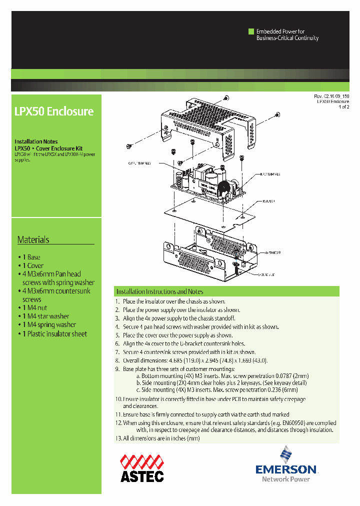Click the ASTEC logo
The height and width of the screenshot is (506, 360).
pyautogui.click(x=142, y=468)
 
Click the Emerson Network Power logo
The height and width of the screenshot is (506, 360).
pyautogui.click(x=286, y=465)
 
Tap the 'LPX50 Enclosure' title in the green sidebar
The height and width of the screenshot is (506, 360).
pyautogui.click(x=54, y=111)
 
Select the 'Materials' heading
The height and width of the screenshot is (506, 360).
pyautogui.click(x=33, y=239)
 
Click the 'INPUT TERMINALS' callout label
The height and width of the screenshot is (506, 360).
pyautogui.click(x=268, y=174)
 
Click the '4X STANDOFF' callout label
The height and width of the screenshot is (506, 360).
pyautogui.click(x=269, y=253)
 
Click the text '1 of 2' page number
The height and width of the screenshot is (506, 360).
pyautogui.click(x=343, y=107)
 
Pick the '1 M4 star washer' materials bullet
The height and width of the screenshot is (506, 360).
pyautogui.click(x=45, y=316)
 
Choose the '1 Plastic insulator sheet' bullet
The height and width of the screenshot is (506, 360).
pyautogui.click(x=54, y=334)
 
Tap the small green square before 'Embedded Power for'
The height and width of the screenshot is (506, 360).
pyautogui.click(x=251, y=31)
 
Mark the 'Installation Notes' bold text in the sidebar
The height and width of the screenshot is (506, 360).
pyautogui.click(x=36, y=142)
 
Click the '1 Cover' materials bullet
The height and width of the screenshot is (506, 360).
pyautogui.click(x=32, y=266)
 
